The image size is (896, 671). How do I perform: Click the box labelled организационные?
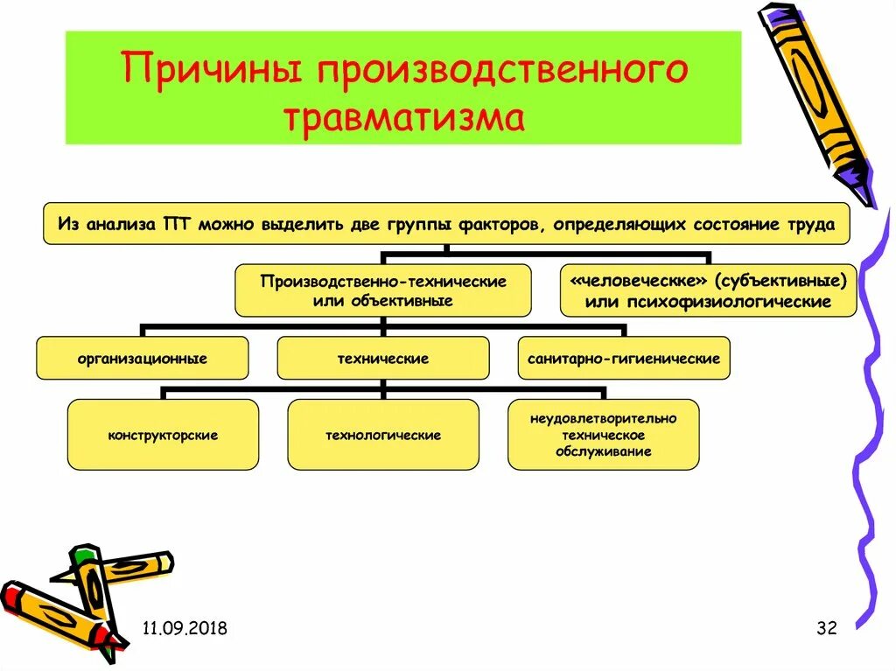point(142,359)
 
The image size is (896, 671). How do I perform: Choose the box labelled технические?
point(382,359)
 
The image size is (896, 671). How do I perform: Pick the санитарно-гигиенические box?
point(623,359)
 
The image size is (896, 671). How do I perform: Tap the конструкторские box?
point(163,435)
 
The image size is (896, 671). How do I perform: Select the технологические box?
point(382,435)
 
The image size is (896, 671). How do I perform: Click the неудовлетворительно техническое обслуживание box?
point(603,435)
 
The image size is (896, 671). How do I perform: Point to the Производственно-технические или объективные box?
point(382,290)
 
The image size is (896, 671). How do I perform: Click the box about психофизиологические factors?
point(708,290)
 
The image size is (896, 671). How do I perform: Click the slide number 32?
point(827,628)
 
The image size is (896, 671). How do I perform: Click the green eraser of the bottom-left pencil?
point(82,555)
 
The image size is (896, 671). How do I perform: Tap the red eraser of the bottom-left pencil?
point(10,597)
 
